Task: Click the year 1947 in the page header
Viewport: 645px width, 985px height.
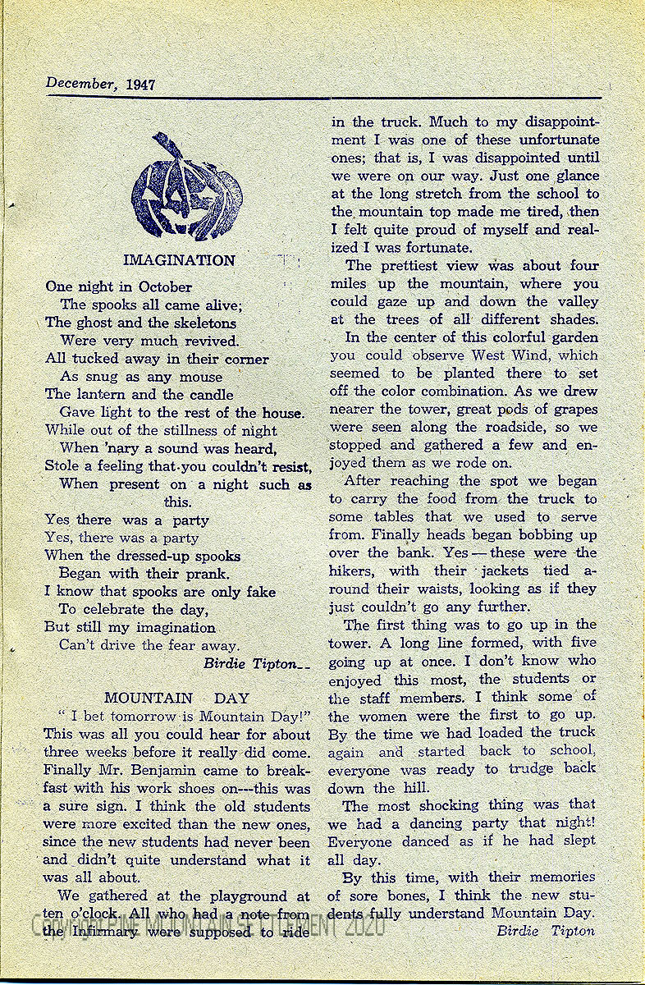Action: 141,85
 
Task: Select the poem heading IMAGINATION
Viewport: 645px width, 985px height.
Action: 179,261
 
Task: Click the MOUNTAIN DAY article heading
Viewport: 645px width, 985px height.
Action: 176,699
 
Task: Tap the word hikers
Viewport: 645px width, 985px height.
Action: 353,570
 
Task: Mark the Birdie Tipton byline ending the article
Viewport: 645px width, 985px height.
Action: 545,931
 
